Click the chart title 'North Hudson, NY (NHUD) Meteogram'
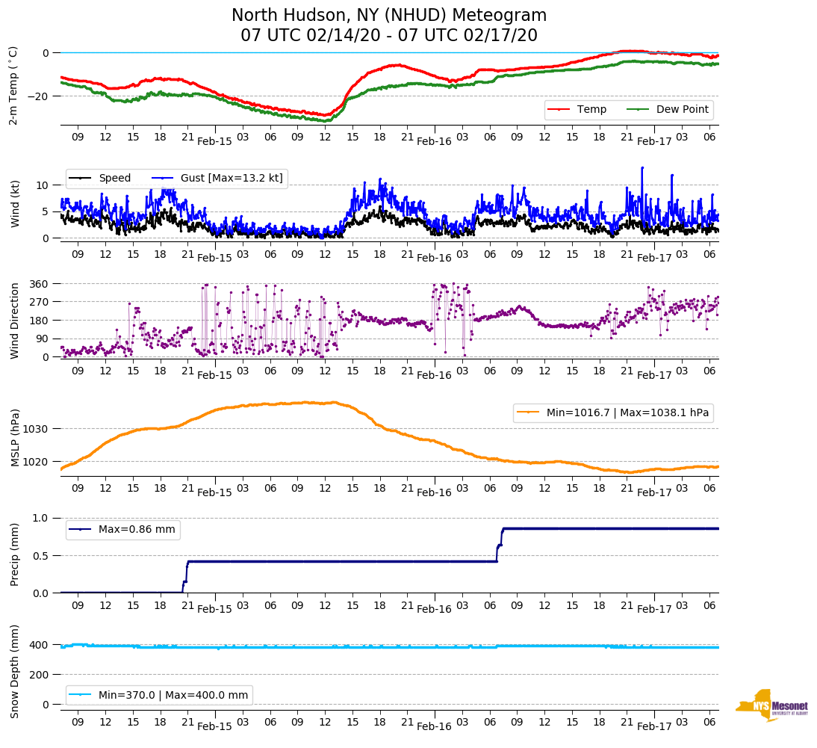(x=388, y=16)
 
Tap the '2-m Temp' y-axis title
(x=13, y=85)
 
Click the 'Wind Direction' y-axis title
(x=14, y=321)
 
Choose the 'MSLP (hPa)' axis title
(x=14, y=438)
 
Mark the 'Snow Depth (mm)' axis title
(x=14, y=671)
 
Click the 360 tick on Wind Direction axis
(x=40, y=284)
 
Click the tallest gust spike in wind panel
(x=642, y=168)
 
